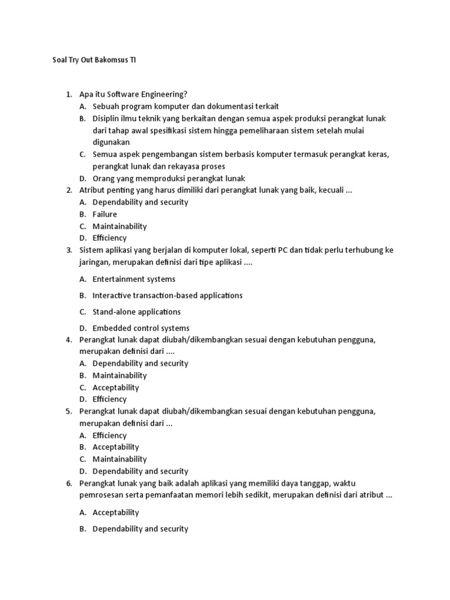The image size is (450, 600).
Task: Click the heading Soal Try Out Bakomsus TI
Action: pos(94,60)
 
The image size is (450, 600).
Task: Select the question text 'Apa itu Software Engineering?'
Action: pos(141,94)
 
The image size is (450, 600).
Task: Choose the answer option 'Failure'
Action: pos(105,214)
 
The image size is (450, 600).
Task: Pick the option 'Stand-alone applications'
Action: pos(137,312)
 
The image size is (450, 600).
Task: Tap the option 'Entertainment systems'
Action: pos(134,279)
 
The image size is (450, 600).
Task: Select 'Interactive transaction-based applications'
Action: pos(167,295)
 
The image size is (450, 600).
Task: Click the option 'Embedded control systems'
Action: pos(141,328)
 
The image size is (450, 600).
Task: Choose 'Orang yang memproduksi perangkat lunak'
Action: pos(169,179)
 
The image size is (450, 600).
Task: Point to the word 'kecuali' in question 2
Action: pos(331,190)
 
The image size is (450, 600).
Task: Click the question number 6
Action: pos(69,483)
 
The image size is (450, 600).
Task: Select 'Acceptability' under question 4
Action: pos(115,387)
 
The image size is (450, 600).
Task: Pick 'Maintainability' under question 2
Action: pos(120,226)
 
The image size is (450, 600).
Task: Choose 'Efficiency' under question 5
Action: pos(110,435)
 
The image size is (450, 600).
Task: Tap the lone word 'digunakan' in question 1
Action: pos(111,142)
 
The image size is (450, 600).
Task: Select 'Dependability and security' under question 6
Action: pos(140,529)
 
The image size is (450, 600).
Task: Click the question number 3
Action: pos(69,250)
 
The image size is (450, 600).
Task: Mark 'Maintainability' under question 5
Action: pos(120,459)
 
